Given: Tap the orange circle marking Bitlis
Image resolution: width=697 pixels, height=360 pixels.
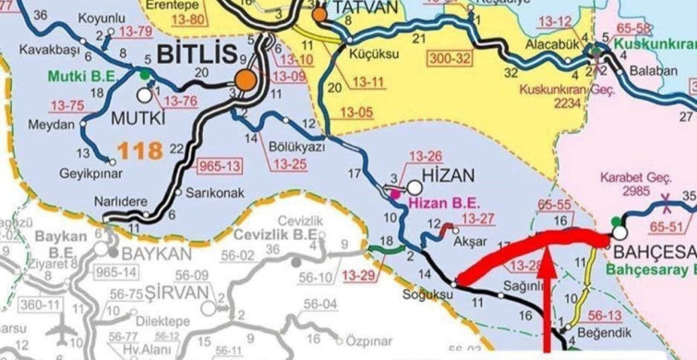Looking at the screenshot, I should (x=244, y=81).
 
